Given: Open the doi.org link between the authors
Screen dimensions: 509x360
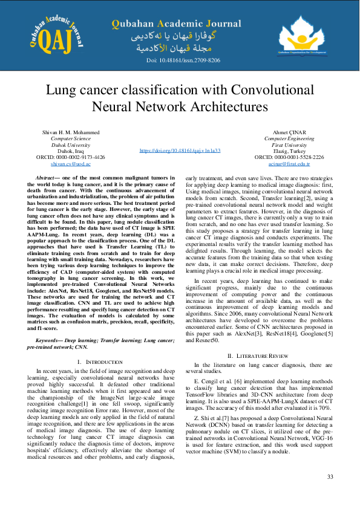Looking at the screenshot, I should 180,150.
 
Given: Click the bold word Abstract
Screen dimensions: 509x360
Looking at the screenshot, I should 47,179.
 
